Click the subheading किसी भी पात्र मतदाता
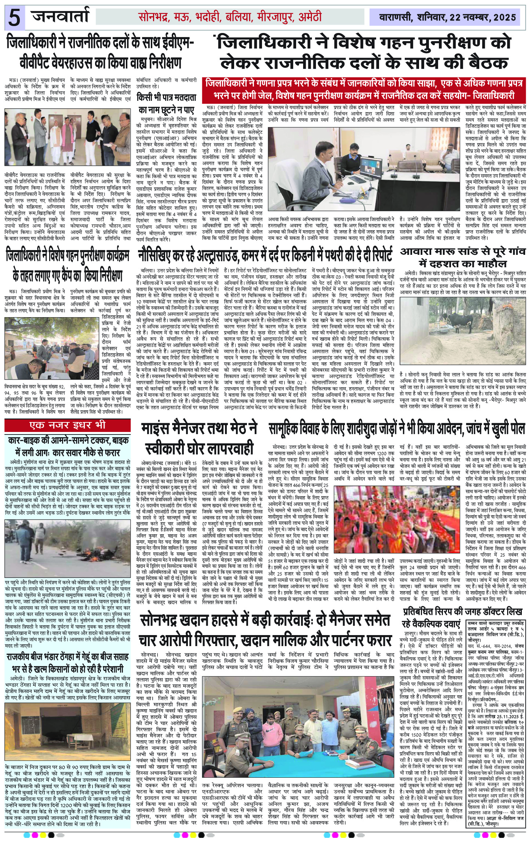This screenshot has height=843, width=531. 166,98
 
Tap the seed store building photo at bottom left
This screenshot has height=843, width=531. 68,723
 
